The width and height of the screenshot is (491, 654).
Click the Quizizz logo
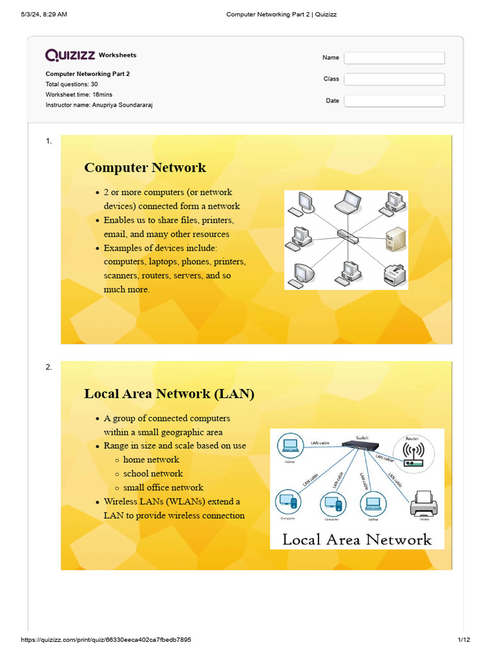(x=70, y=56)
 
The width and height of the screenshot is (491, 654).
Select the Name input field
(x=394, y=58)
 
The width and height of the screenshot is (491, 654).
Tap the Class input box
(x=394, y=79)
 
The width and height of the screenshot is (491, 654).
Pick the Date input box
(x=394, y=101)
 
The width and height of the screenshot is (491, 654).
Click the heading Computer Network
(x=145, y=168)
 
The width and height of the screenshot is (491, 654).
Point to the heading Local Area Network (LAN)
(x=169, y=394)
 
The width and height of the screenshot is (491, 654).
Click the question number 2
(x=49, y=367)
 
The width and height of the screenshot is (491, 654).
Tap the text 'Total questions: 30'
(x=72, y=84)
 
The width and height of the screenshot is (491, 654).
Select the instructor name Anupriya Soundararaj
(x=121, y=105)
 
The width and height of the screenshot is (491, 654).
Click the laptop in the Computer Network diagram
(x=348, y=202)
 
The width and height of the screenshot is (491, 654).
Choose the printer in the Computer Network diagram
(x=393, y=274)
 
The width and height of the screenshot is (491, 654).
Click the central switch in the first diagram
(x=348, y=236)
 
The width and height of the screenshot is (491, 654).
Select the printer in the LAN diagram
(x=423, y=504)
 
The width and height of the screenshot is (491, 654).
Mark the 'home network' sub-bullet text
(x=151, y=460)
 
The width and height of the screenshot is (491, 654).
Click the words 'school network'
(x=153, y=474)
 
